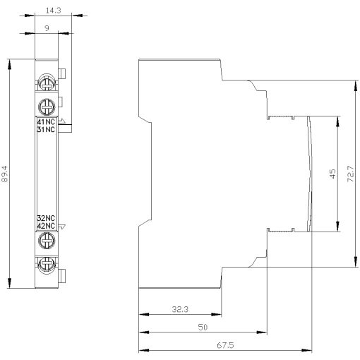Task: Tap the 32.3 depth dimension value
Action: pos(180,308)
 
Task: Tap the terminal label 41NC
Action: pos(45,121)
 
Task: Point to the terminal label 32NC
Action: pos(45,218)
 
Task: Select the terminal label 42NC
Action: pos(45,225)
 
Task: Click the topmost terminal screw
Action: pos(46,82)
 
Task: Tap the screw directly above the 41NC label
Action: pos(46,107)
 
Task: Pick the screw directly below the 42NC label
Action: pos(46,241)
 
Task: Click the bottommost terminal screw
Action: pos(46,265)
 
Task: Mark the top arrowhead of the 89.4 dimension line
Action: pos(10,61)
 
